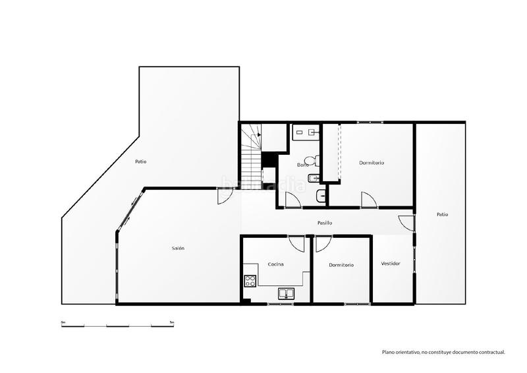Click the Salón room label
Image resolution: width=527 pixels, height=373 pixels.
pyautogui.click(x=178, y=248)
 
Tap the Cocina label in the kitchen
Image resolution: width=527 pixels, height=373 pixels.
pyautogui.click(x=275, y=264)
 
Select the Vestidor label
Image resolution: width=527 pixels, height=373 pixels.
pyautogui.click(x=391, y=264)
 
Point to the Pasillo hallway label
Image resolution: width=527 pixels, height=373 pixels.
pyautogui.click(x=324, y=223)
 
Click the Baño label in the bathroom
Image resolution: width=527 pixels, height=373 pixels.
pyautogui.click(x=303, y=165)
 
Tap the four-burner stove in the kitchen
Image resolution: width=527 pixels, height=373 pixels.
pyautogui.click(x=250, y=282)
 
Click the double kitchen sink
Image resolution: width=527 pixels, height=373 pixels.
pyautogui.click(x=287, y=294)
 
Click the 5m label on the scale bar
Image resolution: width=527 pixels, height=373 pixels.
pyautogui.click(x=172, y=322)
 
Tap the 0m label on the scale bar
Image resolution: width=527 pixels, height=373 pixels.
pyautogui.click(x=63, y=322)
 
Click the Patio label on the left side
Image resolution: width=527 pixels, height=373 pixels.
pyautogui.click(x=141, y=161)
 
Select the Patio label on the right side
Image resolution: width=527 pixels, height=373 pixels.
pyautogui.click(x=442, y=214)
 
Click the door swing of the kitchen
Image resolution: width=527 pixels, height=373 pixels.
pyautogui.click(x=296, y=244)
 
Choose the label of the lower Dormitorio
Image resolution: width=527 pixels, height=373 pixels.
pyautogui.click(x=341, y=265)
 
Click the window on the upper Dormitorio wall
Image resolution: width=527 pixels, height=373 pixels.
pyautogui.click(x=368, y=123)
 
